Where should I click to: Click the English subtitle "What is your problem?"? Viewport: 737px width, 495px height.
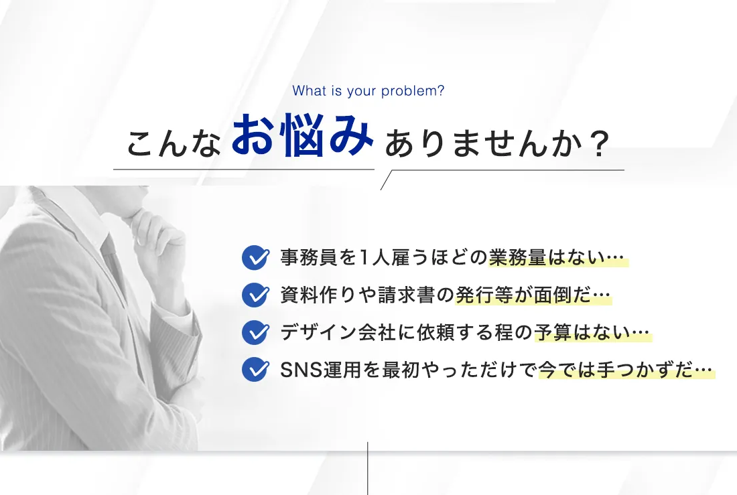pos(368,90)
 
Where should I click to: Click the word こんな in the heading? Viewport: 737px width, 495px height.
pos(174,143)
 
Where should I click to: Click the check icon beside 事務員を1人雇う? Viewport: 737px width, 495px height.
pos(256,258)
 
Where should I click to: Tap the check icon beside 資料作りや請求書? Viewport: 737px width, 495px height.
pos(256,295)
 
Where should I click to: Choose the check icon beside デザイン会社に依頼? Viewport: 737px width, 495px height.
pos(256,332)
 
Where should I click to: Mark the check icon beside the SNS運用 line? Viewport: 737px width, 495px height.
pos(256,370)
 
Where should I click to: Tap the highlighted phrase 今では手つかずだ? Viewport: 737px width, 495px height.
pos(616,370)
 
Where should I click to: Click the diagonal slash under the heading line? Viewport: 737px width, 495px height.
pos(386,180)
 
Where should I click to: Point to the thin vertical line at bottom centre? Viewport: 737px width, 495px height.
pos(368,468)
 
